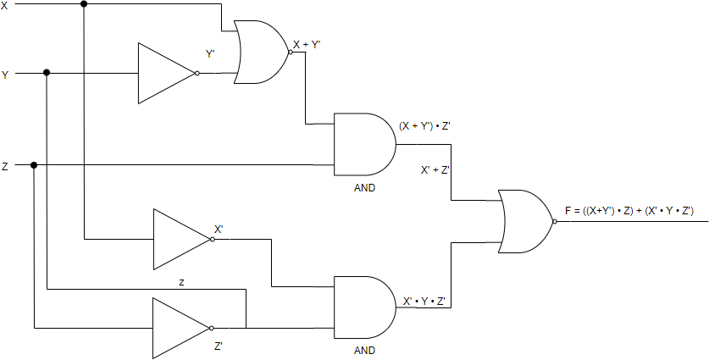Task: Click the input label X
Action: [5, 6]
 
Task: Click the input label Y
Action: [5, 75]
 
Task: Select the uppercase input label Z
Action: [5, 167]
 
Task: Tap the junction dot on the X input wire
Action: [83, 5]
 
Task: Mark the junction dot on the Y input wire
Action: [47, 73]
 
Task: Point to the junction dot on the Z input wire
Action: [34, 164]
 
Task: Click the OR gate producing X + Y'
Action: [263, 52]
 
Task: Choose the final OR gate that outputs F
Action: [526, 221]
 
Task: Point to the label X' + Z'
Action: [435, 169]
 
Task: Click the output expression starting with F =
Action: [629, 211]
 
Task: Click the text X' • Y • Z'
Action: [424, 301]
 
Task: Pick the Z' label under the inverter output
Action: [219, 346]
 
